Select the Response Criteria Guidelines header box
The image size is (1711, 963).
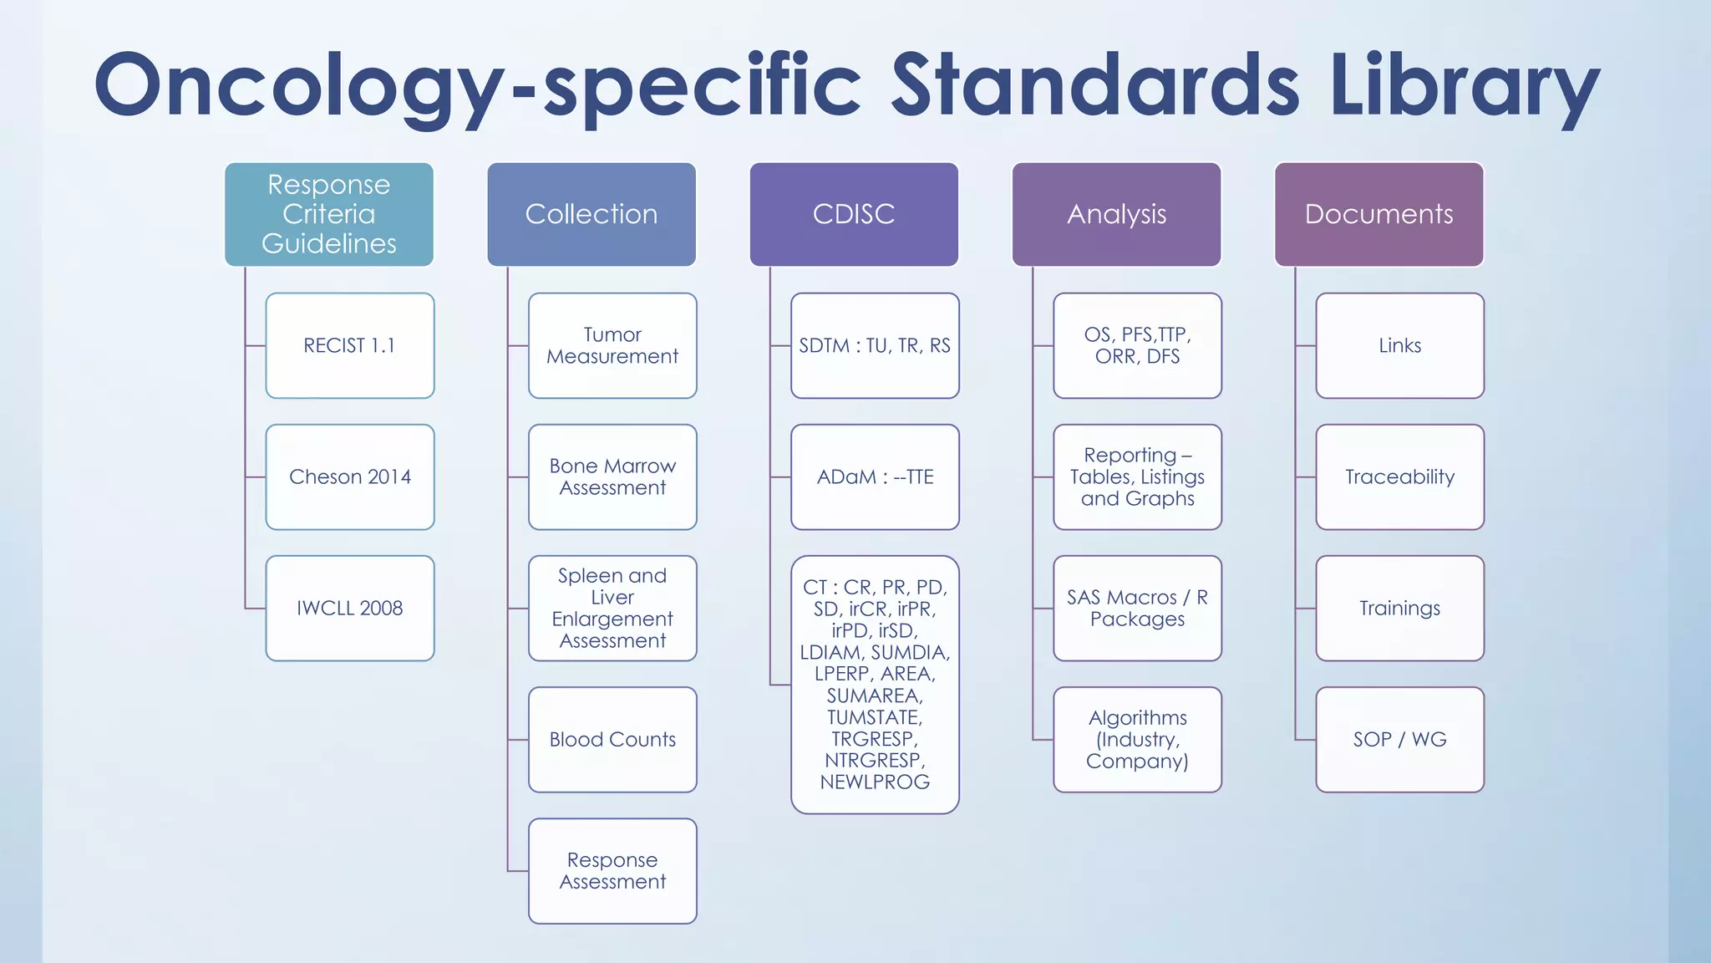329,214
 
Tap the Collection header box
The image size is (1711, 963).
591,214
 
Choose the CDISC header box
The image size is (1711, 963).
854,214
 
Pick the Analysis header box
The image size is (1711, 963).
1116,214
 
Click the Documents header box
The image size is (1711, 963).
1378,214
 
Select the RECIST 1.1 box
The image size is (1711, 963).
350,345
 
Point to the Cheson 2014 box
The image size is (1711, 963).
350,476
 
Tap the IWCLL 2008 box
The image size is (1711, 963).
350,608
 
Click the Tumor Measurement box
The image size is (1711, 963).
612,345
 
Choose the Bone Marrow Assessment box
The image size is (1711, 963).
612,476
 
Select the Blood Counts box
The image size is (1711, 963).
612,739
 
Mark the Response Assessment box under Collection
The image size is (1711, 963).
612,870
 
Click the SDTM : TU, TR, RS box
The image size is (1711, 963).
875,345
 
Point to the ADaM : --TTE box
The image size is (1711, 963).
875,476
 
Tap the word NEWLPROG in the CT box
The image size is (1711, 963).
875,782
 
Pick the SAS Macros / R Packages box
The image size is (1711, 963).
1137,608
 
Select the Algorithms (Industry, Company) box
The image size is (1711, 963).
1137,739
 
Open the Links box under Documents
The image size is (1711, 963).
1399,345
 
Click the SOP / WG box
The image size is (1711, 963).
1399,739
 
